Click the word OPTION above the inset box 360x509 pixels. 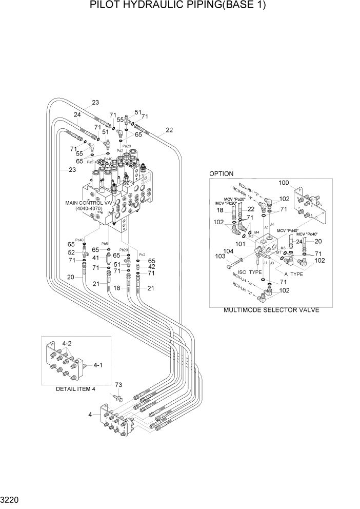click(221, 174)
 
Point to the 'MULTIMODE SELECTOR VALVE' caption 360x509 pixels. click(271, 310)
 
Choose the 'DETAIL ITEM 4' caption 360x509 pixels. click(75, 389)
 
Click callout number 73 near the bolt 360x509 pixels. click(118, 385)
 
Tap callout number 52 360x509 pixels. click(71, 252)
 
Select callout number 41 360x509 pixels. click(96, 258)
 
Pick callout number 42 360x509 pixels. click(151, 267)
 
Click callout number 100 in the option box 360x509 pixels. click(284, 183)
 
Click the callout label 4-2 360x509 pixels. click(67, 342)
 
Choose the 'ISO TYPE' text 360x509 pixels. click(248, 272)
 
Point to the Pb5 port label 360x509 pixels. click(104, 244)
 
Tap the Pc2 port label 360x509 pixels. click(143, 254)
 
